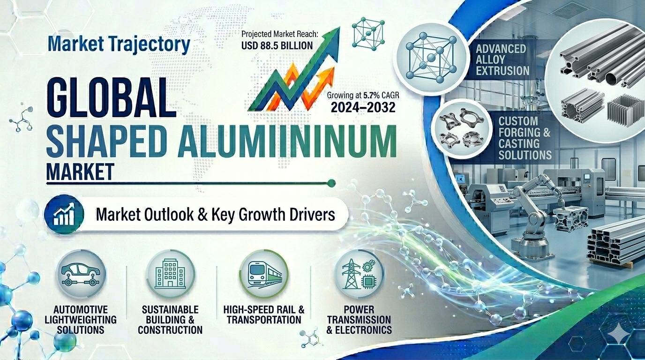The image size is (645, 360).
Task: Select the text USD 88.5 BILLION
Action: click(x=277, y=45)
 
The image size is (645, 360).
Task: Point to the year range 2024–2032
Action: click(x=363, y=107)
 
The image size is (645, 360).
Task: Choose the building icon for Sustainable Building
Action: click(x=170, y=273)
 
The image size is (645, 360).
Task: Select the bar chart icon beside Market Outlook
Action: click(x=64, y=215)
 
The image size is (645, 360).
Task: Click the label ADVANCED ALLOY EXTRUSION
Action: click(x=502, y=60)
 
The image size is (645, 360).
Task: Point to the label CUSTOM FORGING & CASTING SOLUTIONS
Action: click(x=525, y=138)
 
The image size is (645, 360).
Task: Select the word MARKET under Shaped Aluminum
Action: click(x=80, y=172)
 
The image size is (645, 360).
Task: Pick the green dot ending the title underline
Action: click(x=332, y=183)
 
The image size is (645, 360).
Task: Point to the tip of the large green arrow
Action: click(x=340, y=27)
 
